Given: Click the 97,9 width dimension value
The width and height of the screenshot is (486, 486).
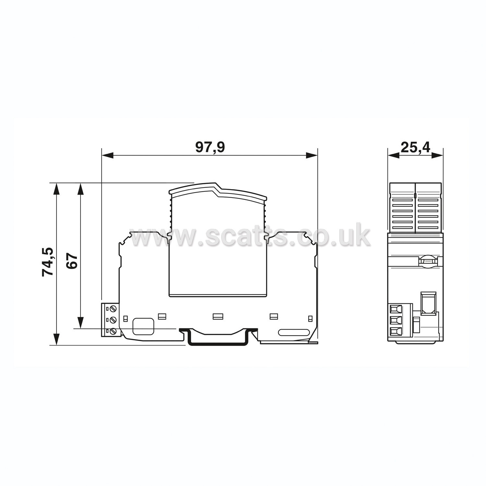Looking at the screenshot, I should click(x=210, y=148).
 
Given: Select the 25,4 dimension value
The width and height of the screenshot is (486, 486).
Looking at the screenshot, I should click(x=415, y=148).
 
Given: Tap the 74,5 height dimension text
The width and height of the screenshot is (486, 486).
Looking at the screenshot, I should click(x=48, y=262).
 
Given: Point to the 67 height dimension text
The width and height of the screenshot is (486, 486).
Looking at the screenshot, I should click(x=72, y=261).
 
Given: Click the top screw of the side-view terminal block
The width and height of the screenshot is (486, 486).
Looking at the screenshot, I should click(x=113, y=308).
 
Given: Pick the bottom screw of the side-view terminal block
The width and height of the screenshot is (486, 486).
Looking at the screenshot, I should click(x=113, y=332).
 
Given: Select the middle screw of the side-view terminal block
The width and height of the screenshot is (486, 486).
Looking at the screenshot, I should click(x=113, y=320).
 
